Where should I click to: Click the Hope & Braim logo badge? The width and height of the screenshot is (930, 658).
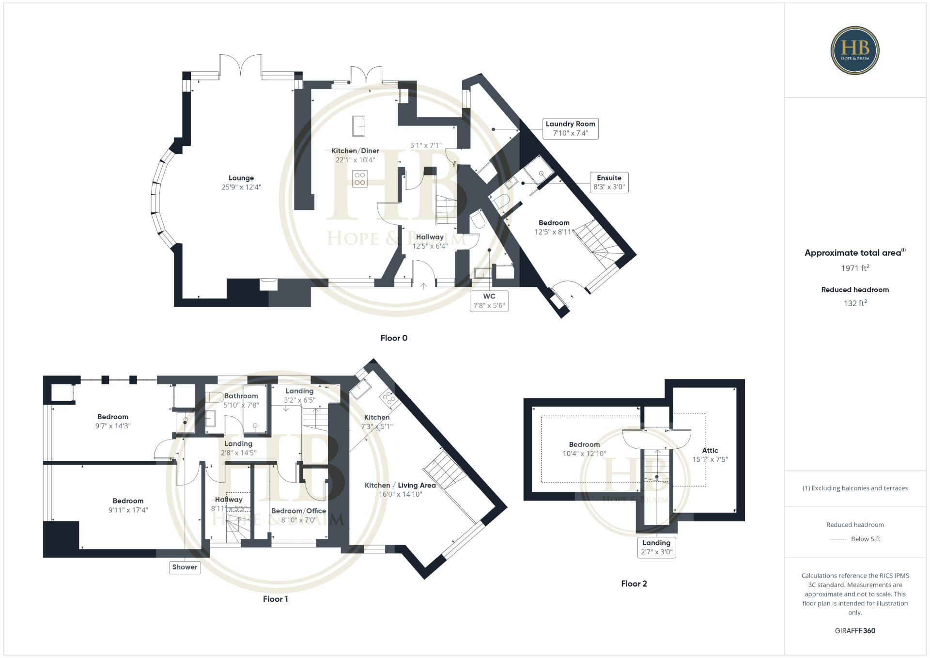click(x=855, y=50)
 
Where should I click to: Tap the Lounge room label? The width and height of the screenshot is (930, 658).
click(x=241, y=178)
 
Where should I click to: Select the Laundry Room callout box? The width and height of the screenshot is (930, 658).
click(x=571, y=128)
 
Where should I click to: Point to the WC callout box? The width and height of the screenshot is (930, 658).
click(x=489, y=301)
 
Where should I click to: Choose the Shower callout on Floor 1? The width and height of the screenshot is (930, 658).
click(x=185, y=567)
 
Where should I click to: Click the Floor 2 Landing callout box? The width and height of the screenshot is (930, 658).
click(x=656, y=548)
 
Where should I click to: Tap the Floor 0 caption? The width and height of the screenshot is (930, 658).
click(x=394, y=338)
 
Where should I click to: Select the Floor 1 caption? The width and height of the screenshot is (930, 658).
click(x=275, y=599)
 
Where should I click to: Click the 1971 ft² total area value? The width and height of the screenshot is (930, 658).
click(x=855, y=268)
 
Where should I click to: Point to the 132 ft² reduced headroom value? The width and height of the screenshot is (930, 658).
click(x=855, y=303)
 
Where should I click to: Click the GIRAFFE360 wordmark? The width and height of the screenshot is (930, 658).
click(x=855, y=631)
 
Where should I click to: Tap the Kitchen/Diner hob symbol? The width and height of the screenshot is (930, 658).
click(x=359, y=179)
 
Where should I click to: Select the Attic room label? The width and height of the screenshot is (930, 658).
click(x=710, y=451)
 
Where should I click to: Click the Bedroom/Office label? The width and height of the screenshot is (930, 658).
click(x=298, y=511)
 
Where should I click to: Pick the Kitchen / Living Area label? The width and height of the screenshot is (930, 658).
click(x=400, y=486)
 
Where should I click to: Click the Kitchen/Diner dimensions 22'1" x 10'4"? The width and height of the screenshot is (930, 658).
click(x=356, y=160)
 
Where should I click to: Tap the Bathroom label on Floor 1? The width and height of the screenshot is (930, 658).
click(x=241, y=396)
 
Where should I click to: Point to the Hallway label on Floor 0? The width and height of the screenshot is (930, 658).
click(x=430, y=237)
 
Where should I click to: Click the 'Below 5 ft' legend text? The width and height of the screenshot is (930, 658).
click(x=866, y=539)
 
